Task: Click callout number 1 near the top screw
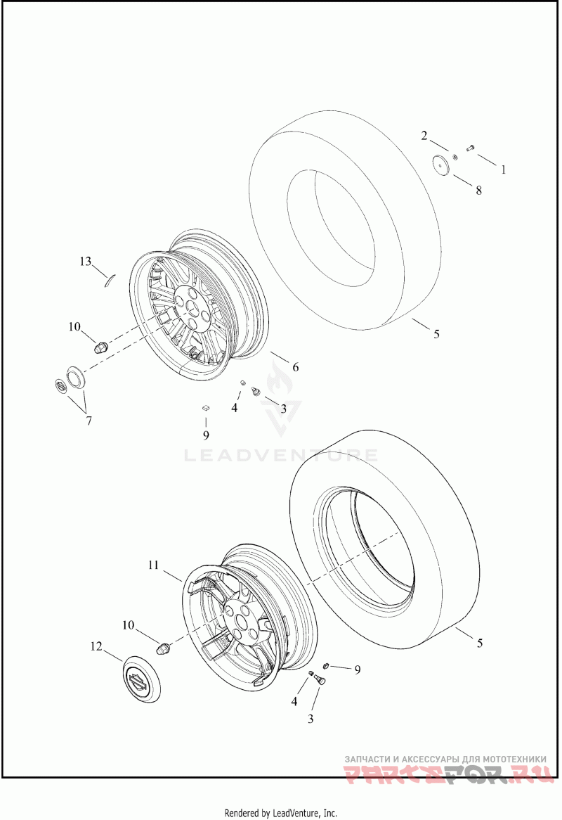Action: (502, 169)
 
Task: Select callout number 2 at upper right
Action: (424, 136)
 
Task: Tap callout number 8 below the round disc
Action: (478, 190)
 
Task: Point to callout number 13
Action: (85, 262)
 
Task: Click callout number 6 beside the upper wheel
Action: (296, 366)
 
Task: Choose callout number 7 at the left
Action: (89, 421)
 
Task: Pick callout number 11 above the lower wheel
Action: (155, 565)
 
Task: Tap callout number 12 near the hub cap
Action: (96, 646)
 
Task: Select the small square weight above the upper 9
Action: (206, 407)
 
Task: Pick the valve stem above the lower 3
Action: (318, 679)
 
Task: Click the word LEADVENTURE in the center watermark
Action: (281, 456)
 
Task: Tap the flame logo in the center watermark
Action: (281, 401)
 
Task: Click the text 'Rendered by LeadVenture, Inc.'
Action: (281, 813)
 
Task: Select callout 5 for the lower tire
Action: (481, 643)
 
